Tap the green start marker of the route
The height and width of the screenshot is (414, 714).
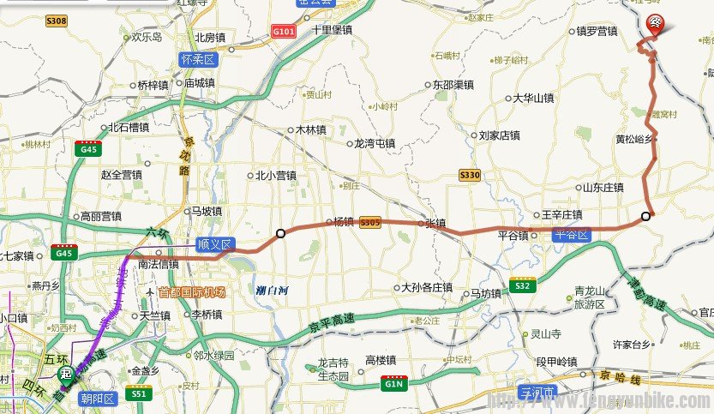(65, 375)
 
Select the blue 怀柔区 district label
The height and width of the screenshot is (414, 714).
(200, 59)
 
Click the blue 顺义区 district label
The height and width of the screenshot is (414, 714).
(214, 244)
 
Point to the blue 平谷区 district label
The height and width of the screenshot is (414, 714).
(572, 234)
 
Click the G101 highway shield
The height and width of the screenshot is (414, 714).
(283, 32)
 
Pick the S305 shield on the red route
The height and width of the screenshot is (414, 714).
(370, 221)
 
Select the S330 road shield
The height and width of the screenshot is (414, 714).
(470, 175)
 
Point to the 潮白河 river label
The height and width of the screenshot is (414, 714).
(273, 291)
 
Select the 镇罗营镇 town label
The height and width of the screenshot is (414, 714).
(597, 32)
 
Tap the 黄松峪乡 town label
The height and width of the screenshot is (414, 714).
(635, 138)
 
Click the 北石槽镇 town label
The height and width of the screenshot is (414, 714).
(128, 128)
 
